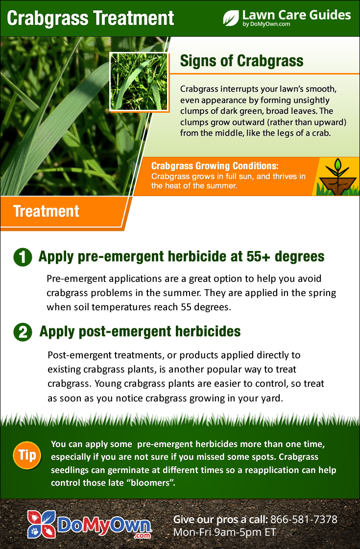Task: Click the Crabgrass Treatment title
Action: (90, 18)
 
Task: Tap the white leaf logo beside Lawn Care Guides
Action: (231, 18)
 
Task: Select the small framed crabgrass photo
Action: (139, 82)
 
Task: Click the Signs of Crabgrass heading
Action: (242, 61)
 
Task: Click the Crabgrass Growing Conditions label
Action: (215, 166)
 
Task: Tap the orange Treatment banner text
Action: (46, 211)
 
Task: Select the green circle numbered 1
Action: (23, 257)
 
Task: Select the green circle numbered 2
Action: (23, 332)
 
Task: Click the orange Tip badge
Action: (27, 455)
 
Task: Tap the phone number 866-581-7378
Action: (304, 519)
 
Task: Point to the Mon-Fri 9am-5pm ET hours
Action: (225, 532)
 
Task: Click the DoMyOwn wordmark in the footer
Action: (104, 525)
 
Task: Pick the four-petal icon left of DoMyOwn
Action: (42, 524)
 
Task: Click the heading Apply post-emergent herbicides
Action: (140, 331)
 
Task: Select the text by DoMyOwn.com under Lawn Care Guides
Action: (266, 24)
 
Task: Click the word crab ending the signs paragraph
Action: (321, 133)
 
